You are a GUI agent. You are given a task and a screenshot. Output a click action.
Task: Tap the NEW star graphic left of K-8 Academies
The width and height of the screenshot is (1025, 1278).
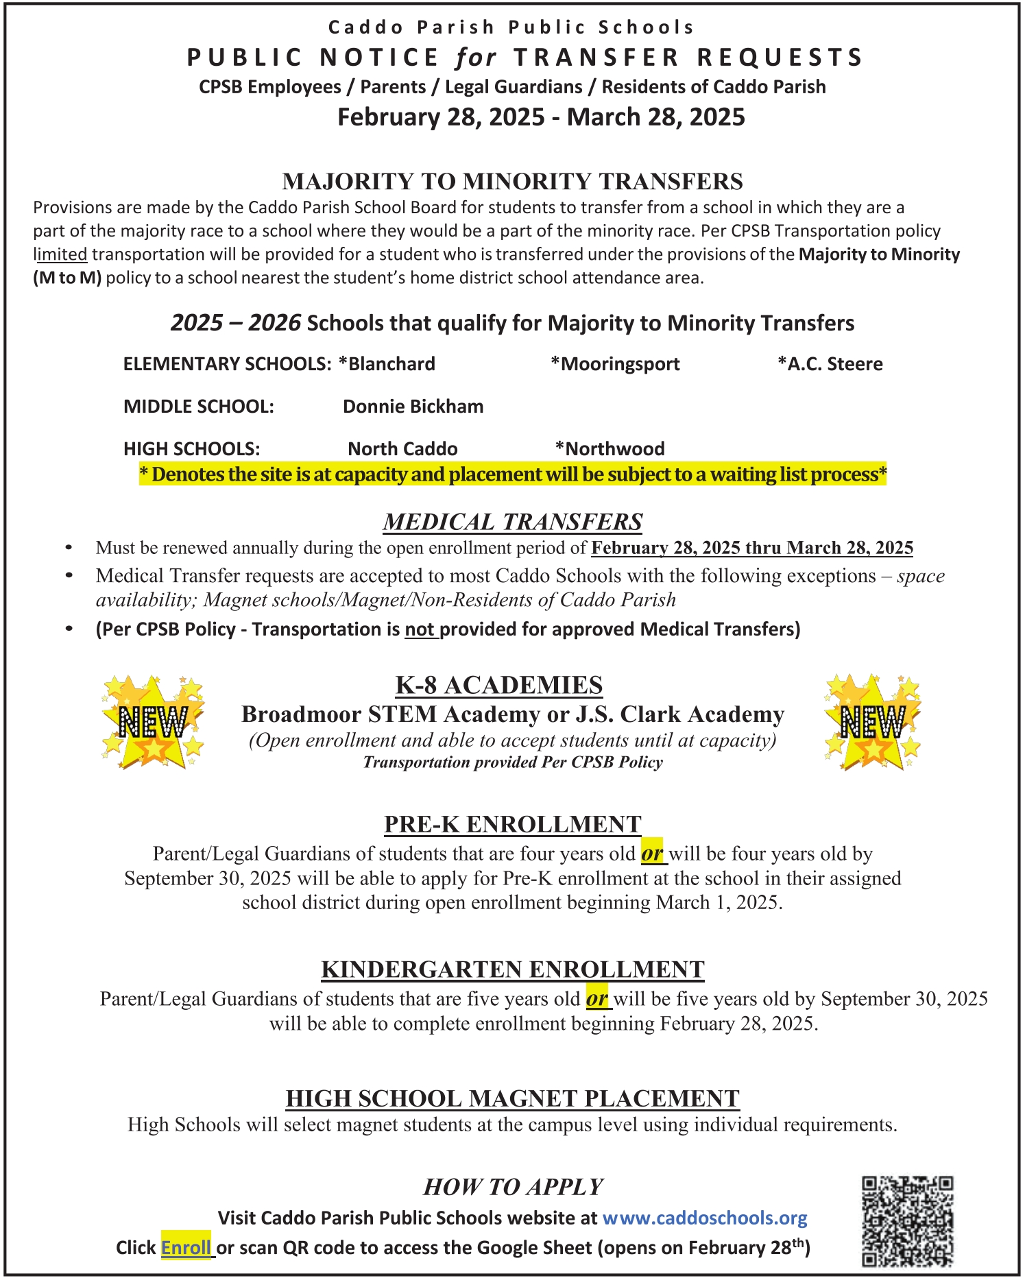click(153, 721)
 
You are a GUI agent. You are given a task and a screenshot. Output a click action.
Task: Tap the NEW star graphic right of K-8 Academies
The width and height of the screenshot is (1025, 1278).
click(873, 721)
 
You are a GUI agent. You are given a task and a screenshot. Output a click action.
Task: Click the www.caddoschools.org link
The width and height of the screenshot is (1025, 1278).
click(705, 1218)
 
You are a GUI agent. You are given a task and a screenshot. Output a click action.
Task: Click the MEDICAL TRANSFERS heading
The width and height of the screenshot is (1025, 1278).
click(512, 522)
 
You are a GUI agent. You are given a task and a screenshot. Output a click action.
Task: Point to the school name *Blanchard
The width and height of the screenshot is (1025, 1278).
click(387, 363)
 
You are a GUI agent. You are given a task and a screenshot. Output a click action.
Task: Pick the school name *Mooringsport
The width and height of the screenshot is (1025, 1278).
click(615, 363)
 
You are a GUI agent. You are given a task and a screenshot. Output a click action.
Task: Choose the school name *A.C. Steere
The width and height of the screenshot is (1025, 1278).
click(830, 363)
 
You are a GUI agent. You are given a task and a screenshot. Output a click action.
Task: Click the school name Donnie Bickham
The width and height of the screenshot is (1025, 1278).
click(413, 407)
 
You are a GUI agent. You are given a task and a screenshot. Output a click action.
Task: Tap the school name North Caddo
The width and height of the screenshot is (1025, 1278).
click(402, 449)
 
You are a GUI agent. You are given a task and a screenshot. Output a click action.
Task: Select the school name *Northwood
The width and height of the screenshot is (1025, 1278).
click(610, 449)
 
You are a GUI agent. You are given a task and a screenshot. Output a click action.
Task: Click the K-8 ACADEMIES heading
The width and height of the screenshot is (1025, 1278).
click(499, 685)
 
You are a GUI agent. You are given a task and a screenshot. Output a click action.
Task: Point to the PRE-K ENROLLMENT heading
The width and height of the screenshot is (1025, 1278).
click(512, 823)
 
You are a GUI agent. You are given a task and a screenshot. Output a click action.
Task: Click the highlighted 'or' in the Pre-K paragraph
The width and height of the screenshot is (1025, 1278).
click(652, 854)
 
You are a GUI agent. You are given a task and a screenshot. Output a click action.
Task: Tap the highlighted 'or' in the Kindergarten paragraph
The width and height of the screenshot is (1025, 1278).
click(597, 999)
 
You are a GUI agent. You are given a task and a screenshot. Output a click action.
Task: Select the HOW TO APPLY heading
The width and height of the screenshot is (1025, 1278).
click(513, 1187)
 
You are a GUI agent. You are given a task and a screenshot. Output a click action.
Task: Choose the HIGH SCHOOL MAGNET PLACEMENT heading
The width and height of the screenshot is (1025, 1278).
click(512, 1098)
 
